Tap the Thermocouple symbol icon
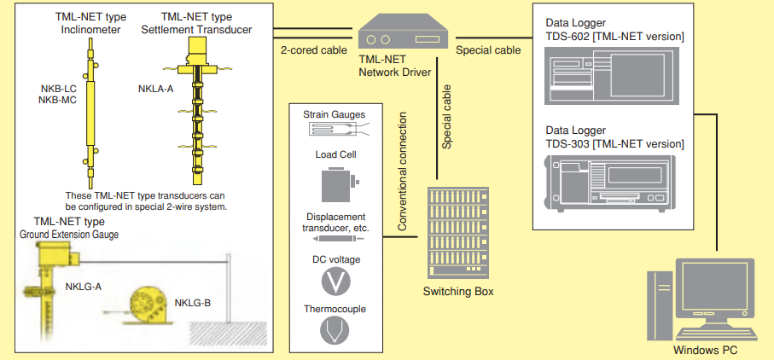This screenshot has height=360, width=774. (x=335, y=329)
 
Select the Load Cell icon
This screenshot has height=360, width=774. (x=335, y=184)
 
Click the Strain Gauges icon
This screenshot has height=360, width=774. (x=335, y=130)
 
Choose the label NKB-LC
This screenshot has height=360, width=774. (x=59, y=88)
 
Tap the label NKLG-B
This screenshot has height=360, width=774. (x=193, y=302)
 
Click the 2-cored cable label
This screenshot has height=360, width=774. (x=314, y=50)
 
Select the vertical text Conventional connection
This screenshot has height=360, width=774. (x=402, y=170)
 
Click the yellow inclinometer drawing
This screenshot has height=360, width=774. (x=90, y=110)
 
